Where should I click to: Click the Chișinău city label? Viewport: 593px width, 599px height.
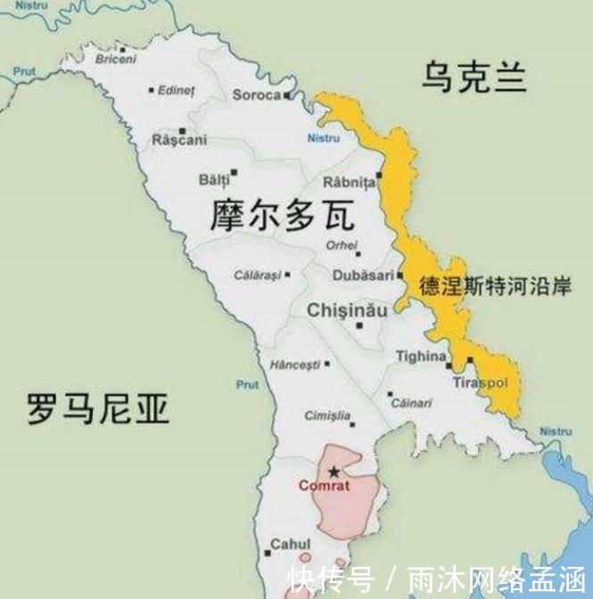coord(346,310)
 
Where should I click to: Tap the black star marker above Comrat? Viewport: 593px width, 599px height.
coord(334,471)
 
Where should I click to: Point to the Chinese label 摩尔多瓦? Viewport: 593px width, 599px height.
coord(282,217)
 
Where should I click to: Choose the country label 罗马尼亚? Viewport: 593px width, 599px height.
coord(98,411)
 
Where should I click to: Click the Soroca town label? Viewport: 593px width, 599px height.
coord(256,94)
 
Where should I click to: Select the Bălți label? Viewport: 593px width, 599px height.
coord(214,180)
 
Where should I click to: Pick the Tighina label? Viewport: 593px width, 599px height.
coord(420,357)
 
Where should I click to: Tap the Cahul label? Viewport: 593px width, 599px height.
coord(291,544)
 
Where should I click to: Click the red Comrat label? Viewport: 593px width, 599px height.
coord(325,486)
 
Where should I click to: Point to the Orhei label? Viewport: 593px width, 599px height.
coord(342,245)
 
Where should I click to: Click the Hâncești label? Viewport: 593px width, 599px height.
coord(294,365)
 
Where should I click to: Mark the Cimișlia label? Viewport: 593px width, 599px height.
coord(327,415)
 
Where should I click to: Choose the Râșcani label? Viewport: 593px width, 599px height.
coord(179,140)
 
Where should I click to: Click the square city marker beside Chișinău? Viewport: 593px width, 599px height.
coord(359,326)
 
